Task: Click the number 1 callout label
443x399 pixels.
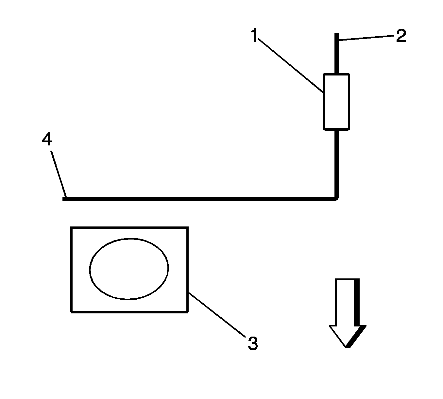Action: [x=254, y=36]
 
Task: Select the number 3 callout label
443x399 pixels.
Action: [x=252, y=343]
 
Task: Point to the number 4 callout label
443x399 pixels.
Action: [x=47, y=140]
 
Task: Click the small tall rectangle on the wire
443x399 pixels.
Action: [x=336, y=102]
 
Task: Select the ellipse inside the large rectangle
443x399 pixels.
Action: [x=129, y=269]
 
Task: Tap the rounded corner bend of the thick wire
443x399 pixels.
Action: [x=335, y=197]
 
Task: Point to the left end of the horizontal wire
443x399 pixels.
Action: [x=64, y=199]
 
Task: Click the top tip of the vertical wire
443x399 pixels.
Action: [x=336, y=35]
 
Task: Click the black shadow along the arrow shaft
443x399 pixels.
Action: [x=357, y=302]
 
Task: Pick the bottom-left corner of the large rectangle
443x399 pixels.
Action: [x=71, y=311]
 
